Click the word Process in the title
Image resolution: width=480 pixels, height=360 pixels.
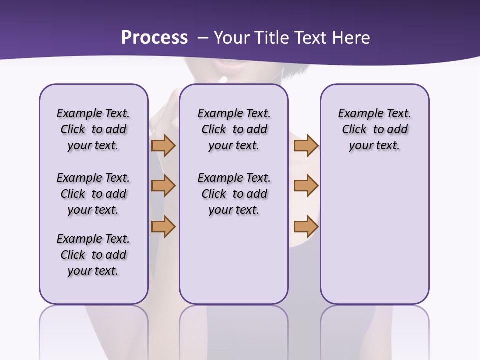click(154, 38)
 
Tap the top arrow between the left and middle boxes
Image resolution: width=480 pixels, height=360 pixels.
click(163, 145)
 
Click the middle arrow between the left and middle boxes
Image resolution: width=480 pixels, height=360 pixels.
click(163, 186)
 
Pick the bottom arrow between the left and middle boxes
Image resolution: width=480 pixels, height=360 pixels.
click(163, 226)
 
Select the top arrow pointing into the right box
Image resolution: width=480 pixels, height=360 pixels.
click(306, 145)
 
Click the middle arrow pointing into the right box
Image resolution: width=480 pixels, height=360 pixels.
click(306, 186)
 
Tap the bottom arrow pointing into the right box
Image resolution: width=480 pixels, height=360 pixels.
click(306, 226)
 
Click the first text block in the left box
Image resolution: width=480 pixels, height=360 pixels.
click(93, 129)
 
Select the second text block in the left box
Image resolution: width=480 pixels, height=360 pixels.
click(93, 194)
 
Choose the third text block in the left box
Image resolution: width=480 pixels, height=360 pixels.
click(93, 255)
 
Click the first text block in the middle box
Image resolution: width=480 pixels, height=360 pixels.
click(234, 129)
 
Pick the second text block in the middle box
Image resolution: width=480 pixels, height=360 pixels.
click(234, 194)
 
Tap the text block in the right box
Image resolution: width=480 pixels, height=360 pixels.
click(374, 129)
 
